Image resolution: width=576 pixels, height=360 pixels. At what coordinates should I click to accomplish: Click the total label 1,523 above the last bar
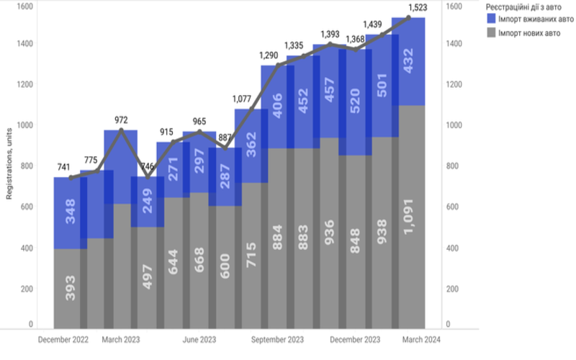[408, 6]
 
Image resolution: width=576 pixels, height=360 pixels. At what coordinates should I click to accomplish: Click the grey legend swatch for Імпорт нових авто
[490, 32]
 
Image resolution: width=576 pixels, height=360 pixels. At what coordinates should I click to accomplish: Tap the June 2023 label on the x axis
[199, 338]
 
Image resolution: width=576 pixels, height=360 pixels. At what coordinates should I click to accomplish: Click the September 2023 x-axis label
[276, 338]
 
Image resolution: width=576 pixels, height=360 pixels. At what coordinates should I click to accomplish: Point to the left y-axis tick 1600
[24, 6]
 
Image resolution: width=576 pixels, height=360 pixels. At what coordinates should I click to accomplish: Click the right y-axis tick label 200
[454, 289]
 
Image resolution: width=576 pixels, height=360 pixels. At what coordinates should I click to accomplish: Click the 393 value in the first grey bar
[71, 287]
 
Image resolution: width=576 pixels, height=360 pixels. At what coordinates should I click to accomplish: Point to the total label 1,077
[246, 99]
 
